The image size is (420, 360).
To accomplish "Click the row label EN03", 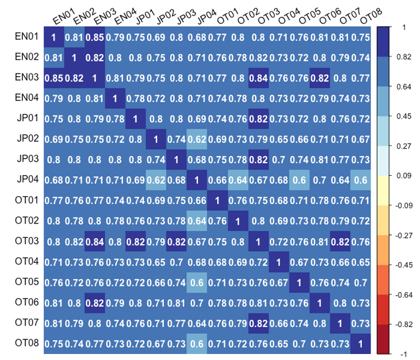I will [26, 78].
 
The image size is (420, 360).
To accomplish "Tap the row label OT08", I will [26, 343].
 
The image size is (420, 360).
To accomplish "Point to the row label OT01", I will [26, 200].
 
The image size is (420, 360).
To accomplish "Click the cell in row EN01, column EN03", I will [95, 38].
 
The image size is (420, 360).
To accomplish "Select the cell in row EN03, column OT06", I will [319, 78].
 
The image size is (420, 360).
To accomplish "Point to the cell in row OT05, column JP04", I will [196, 282].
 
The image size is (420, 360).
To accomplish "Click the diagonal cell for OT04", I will [278, 262].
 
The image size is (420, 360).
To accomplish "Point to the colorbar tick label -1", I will [403, 354].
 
